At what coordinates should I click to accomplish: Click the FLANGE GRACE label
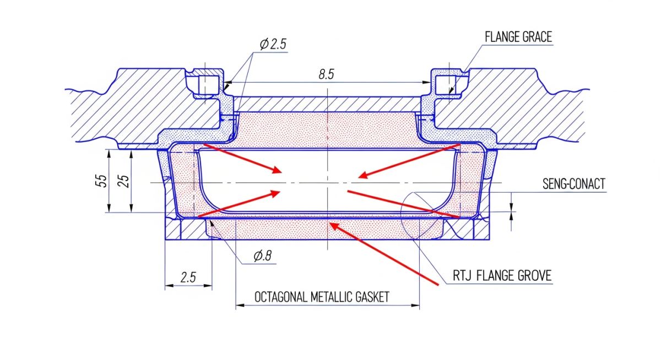click(x=518, y=37)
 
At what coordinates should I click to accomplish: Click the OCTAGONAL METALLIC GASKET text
click(x=322, y=297)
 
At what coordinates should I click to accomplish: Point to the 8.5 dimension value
click(x=326, y=74)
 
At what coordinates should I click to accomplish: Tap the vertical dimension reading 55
click(x=101, y=181)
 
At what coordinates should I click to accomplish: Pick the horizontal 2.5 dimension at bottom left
click(x=188, y=277)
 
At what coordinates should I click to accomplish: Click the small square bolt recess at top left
click(x=205, y=84)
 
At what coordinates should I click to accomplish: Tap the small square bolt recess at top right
click(x=444, y=84)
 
